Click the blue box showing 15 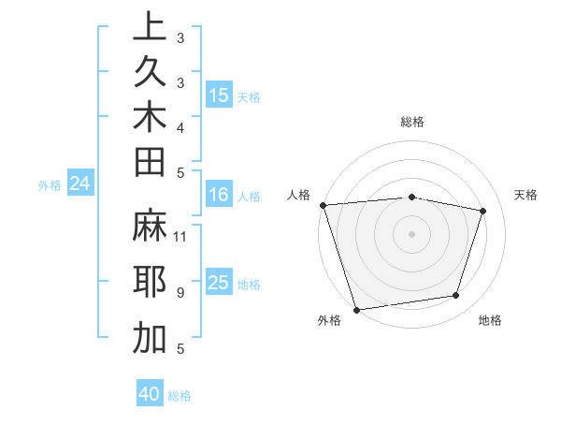[x=219, y=95]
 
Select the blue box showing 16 [x=219, y=195]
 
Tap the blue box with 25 [x=219, y=283]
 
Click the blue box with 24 [x=79, y=184]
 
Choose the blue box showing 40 [x=150, y=394]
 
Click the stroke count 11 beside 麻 [x=181, y=237]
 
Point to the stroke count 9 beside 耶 [x=180, y=293]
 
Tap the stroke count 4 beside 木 [x=180, y=126]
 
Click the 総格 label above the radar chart [x=411, y=122]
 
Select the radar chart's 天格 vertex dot [x=482, y=211]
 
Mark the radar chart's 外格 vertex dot [x=356, y=309]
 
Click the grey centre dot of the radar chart [x=411, y=233]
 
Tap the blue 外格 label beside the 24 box [x=50, y=185]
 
